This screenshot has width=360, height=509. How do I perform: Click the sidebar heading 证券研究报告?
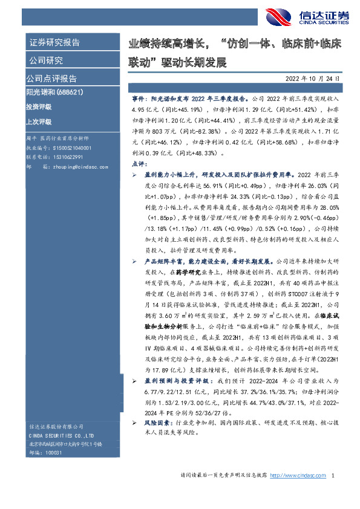point(54,43)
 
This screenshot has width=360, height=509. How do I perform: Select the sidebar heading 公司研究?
point(45,60)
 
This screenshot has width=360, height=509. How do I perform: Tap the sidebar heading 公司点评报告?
point(51,79)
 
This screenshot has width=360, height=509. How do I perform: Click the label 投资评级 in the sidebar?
point(39,106)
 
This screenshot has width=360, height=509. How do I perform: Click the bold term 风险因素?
point(156,424)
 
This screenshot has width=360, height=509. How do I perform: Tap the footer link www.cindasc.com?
point(299,476)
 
